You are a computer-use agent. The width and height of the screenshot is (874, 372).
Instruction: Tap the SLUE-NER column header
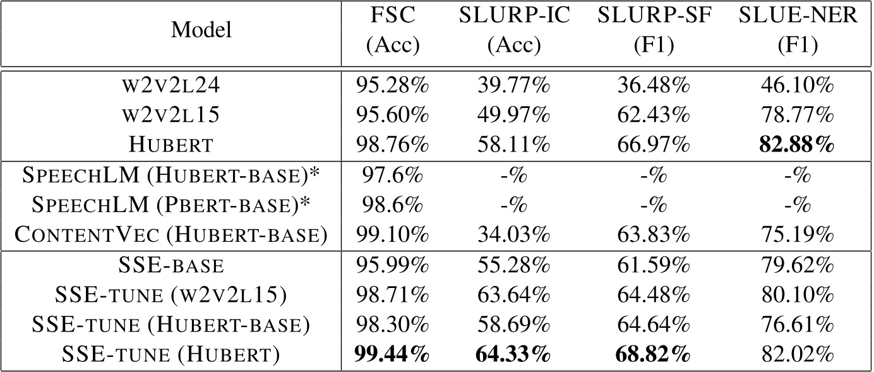[798, 31]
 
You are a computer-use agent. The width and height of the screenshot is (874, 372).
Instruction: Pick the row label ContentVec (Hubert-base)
[171, 235]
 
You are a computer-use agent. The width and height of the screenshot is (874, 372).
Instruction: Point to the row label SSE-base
[171, 266]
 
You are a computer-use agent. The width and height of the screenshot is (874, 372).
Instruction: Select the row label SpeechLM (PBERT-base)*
[171, 205]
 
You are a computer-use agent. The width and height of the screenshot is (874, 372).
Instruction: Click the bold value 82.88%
[798, 145]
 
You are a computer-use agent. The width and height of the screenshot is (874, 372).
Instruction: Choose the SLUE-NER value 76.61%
[798, 325]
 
